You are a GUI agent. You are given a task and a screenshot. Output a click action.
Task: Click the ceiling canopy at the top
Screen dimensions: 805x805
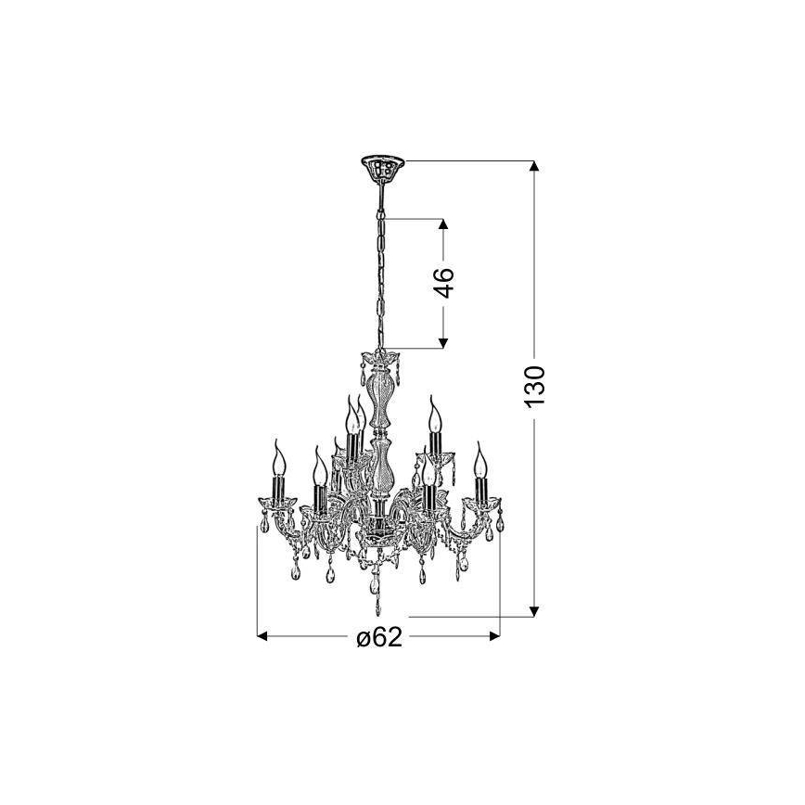pos(379,168)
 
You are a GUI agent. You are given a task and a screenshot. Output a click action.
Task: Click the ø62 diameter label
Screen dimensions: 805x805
pos(378,638)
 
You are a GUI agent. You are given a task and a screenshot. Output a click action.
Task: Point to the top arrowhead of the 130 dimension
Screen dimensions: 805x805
pos(533,167)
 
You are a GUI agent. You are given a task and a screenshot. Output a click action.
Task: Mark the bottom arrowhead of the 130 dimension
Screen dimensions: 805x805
pos(533,610)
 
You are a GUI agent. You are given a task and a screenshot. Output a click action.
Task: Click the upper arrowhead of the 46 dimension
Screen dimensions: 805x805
pos(443,225)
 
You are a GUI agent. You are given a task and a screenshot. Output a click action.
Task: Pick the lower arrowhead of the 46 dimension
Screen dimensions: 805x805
pos(443,342)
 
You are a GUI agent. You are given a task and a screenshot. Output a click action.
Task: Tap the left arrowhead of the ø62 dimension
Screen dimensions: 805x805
pos(263,637)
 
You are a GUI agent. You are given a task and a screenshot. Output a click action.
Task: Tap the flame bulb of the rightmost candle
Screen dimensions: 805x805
pos(479,458)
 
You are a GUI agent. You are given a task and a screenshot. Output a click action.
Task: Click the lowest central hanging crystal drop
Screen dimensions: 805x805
pos(377,603)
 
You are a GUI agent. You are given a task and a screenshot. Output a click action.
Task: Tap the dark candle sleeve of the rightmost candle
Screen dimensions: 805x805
pos(480,488)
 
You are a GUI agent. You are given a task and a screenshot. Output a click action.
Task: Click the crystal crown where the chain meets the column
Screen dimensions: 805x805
pos(378,359)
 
